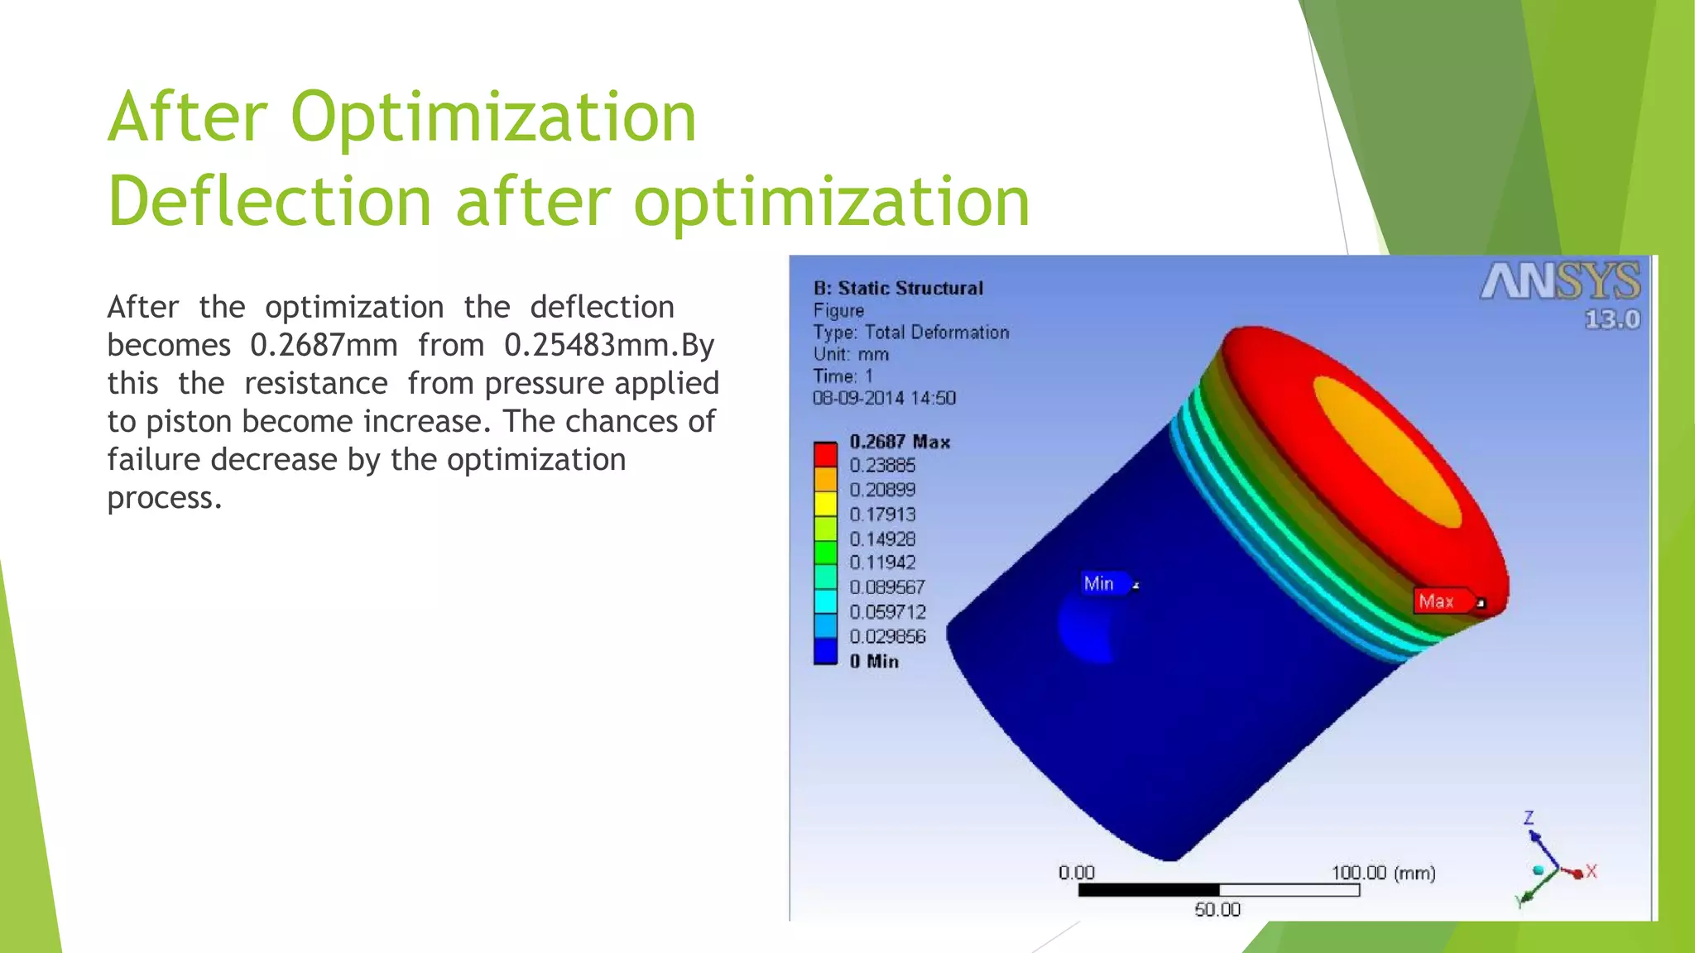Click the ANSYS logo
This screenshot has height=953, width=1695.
[1561, 283]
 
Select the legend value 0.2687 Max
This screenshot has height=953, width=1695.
[900, 442]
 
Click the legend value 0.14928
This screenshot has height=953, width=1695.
[882, 539]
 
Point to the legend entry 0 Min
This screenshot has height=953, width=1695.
[874, 661]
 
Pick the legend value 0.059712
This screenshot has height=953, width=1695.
[887, 612]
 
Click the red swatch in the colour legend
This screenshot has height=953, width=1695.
[825, 454]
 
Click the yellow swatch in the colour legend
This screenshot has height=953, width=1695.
[825, 503]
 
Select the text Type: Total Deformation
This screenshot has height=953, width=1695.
[910, 333]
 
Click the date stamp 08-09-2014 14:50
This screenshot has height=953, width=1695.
[884, 398]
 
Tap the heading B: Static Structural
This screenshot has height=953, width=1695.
[898, 289]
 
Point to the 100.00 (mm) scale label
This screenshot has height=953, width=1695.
[1383, 873]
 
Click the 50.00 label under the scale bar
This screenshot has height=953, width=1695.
[1217, 909]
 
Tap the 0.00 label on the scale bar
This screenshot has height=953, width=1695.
[1076, 873]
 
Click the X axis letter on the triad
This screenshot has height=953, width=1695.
[1592, 871]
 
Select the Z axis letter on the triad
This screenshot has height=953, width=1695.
[1529, 818]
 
